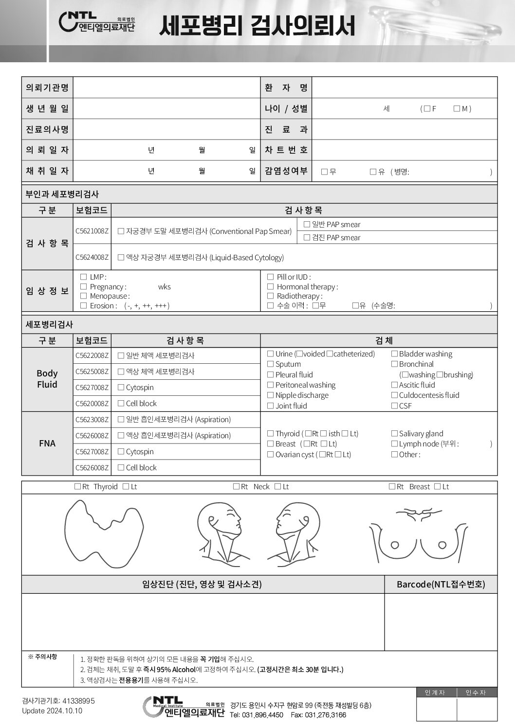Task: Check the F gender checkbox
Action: pos(427,109)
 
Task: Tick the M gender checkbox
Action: pos(457,109)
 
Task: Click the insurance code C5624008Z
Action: pos(92,257)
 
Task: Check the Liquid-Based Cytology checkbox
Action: pos(121,258)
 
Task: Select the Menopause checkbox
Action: pos(83,296)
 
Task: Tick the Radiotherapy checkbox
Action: pos(270,296)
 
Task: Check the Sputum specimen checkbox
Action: pos(271,364)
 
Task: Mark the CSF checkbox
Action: pos(394,406)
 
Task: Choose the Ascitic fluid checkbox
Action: pos(394,385)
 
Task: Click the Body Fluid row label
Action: pos(47,379)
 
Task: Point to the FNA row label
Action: pos(47,443)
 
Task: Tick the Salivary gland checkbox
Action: pos(394,434)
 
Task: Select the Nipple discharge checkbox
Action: pos(271,395)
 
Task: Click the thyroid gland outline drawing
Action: pos(104,533)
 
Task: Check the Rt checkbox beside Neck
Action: pos(236,487)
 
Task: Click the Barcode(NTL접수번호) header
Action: pos(441,584)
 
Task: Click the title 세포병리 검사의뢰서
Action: pos(257,25)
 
